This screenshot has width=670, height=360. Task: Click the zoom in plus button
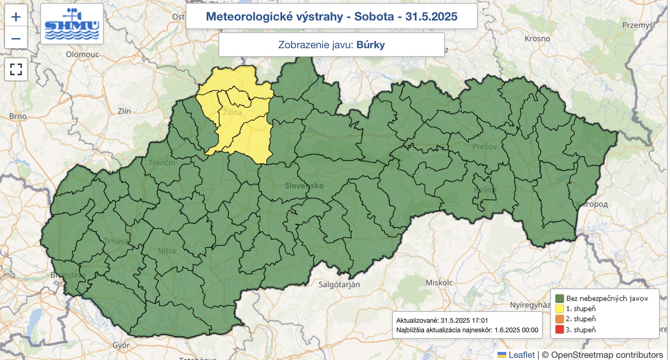[16, 17]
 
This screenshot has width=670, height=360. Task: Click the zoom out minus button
[16, 39]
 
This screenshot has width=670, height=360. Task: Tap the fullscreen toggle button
[16, 69]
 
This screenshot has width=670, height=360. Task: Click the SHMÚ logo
[72, 24]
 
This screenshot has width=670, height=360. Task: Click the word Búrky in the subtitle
[370, 45]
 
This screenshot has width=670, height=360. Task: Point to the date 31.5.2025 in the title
[431, 17]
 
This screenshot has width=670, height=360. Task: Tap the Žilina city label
[232, 112]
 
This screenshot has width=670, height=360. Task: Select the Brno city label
[18, 116]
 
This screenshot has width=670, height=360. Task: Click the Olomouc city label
[82, 54]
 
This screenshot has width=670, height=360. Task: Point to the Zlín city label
[124, 111]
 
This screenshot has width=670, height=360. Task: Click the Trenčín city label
[162, 162]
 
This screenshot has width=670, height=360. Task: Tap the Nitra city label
[167, 251]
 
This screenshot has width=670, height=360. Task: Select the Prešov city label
[484, 147]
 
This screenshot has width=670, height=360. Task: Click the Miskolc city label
[439, 283]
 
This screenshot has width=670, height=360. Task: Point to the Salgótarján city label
[339, 285]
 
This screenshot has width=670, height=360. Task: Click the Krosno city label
[537, 39]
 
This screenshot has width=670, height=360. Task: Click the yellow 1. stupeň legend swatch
[559, 309]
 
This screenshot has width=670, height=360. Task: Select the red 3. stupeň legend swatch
[559, 329]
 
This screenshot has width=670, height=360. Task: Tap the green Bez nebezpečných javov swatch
[559, 298]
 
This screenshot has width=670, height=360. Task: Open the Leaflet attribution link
[521, 355]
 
